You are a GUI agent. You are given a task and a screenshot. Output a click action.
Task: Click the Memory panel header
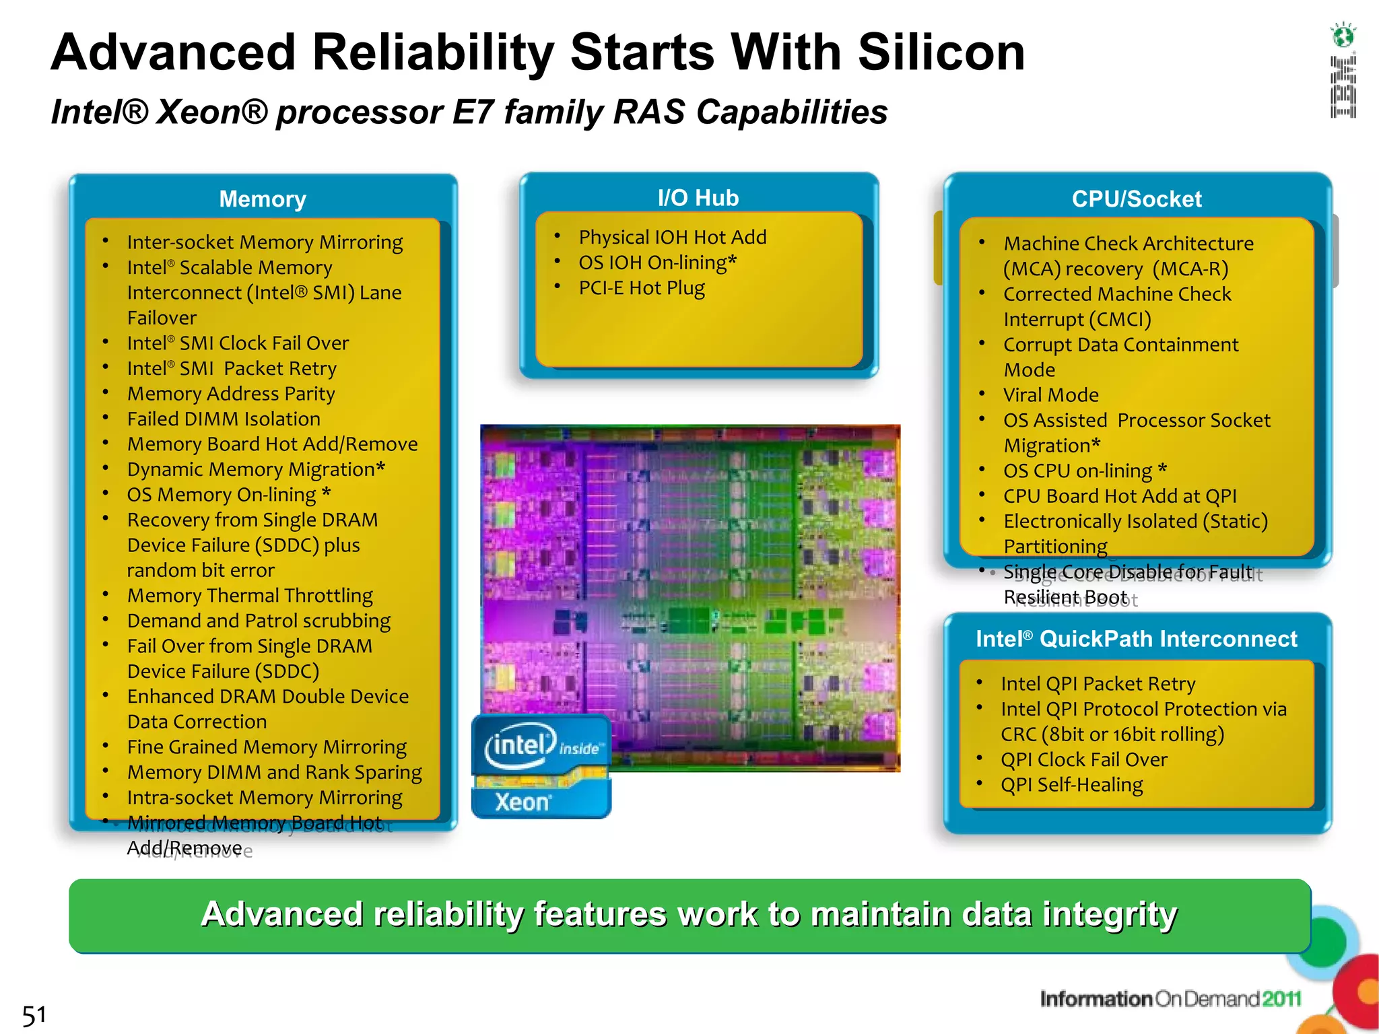[263, 199]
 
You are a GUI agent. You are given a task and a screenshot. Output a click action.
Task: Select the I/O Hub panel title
[698, 198]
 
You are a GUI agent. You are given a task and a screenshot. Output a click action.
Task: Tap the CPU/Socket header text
[1137, 199]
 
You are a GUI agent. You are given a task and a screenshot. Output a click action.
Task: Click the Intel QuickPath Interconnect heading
[1136, 639]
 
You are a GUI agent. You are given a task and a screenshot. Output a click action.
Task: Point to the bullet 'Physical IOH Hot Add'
[672, 238]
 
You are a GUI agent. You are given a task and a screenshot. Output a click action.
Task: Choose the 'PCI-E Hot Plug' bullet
[641, 288]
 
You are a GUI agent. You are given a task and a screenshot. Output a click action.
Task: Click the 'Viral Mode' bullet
[1050, 395]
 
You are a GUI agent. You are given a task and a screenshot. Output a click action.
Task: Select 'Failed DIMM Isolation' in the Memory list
[224, 419]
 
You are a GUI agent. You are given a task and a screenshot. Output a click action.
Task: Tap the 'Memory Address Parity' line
[231, 394]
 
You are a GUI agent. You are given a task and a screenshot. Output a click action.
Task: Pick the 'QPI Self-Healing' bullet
[1071, 785]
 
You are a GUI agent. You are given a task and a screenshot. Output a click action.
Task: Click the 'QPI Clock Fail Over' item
[1083, 760]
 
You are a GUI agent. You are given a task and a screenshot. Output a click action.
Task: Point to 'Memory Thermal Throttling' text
[250, 596]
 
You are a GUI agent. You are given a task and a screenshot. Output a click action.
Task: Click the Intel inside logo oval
[520, 745]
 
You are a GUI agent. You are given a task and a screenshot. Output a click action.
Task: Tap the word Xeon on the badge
[523, 802]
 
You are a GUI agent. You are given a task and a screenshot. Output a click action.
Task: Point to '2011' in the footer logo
[1281, 999]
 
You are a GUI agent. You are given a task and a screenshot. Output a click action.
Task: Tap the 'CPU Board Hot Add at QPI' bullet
[1120, 496]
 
